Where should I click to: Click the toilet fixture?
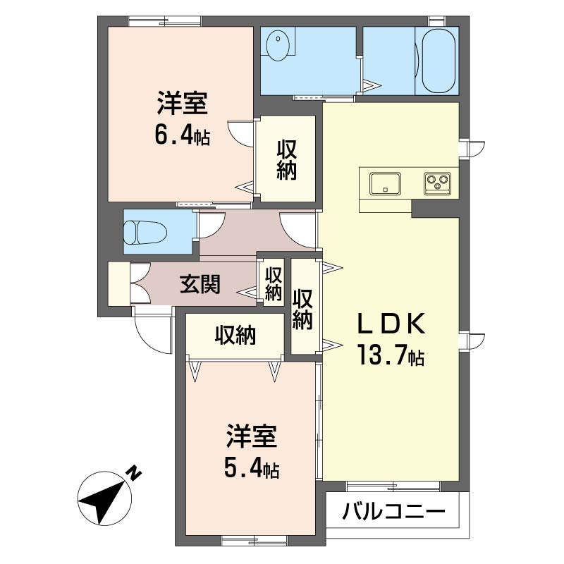[145, 233]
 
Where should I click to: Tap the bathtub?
[439, 61]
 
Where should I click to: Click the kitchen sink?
[385, 184]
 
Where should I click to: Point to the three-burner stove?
[437, 184]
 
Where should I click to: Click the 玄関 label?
[200, 284]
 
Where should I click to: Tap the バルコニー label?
[393, 511]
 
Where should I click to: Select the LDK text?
[391, 324]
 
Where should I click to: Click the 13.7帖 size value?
[391, 355]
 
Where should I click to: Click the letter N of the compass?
[135, 472]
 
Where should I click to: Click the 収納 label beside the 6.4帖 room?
[287, 160]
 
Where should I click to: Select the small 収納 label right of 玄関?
[274, 284]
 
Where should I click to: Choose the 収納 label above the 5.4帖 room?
[235, 336]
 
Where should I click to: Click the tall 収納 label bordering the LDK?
[302, 309]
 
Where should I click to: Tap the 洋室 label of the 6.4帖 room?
[183, 103]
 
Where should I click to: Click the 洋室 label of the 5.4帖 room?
[252, 436]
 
